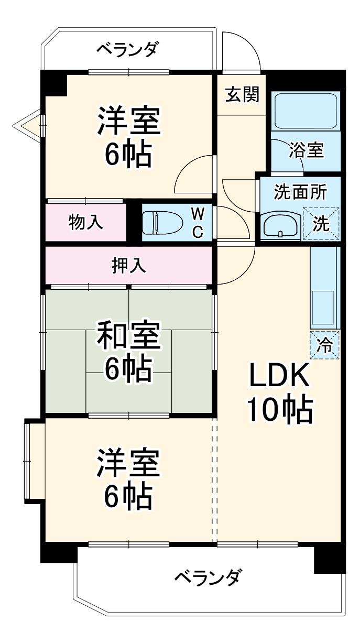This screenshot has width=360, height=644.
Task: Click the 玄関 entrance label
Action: coord(242,95)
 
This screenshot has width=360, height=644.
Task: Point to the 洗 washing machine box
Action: coord(321,224)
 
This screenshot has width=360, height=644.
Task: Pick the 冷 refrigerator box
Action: coord(325,345)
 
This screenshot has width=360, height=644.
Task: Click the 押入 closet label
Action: coord(128,266)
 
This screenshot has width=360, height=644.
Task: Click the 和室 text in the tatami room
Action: coord(128,336)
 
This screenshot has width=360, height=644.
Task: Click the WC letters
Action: coord(198,222)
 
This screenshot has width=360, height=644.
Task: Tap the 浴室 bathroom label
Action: coord(307,150)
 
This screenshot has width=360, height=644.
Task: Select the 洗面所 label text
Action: coord(300,192)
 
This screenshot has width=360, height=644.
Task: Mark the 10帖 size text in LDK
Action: coord(279,410)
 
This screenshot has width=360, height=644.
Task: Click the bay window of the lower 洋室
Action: coord(29,460)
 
